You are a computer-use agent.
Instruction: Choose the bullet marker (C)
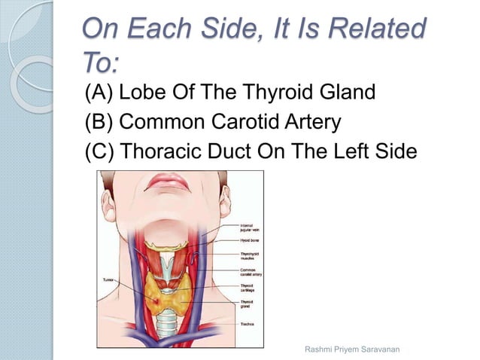[99, 150]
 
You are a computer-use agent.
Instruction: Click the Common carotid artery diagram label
[251, 272]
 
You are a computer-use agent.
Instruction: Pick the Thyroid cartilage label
[249, 288]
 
